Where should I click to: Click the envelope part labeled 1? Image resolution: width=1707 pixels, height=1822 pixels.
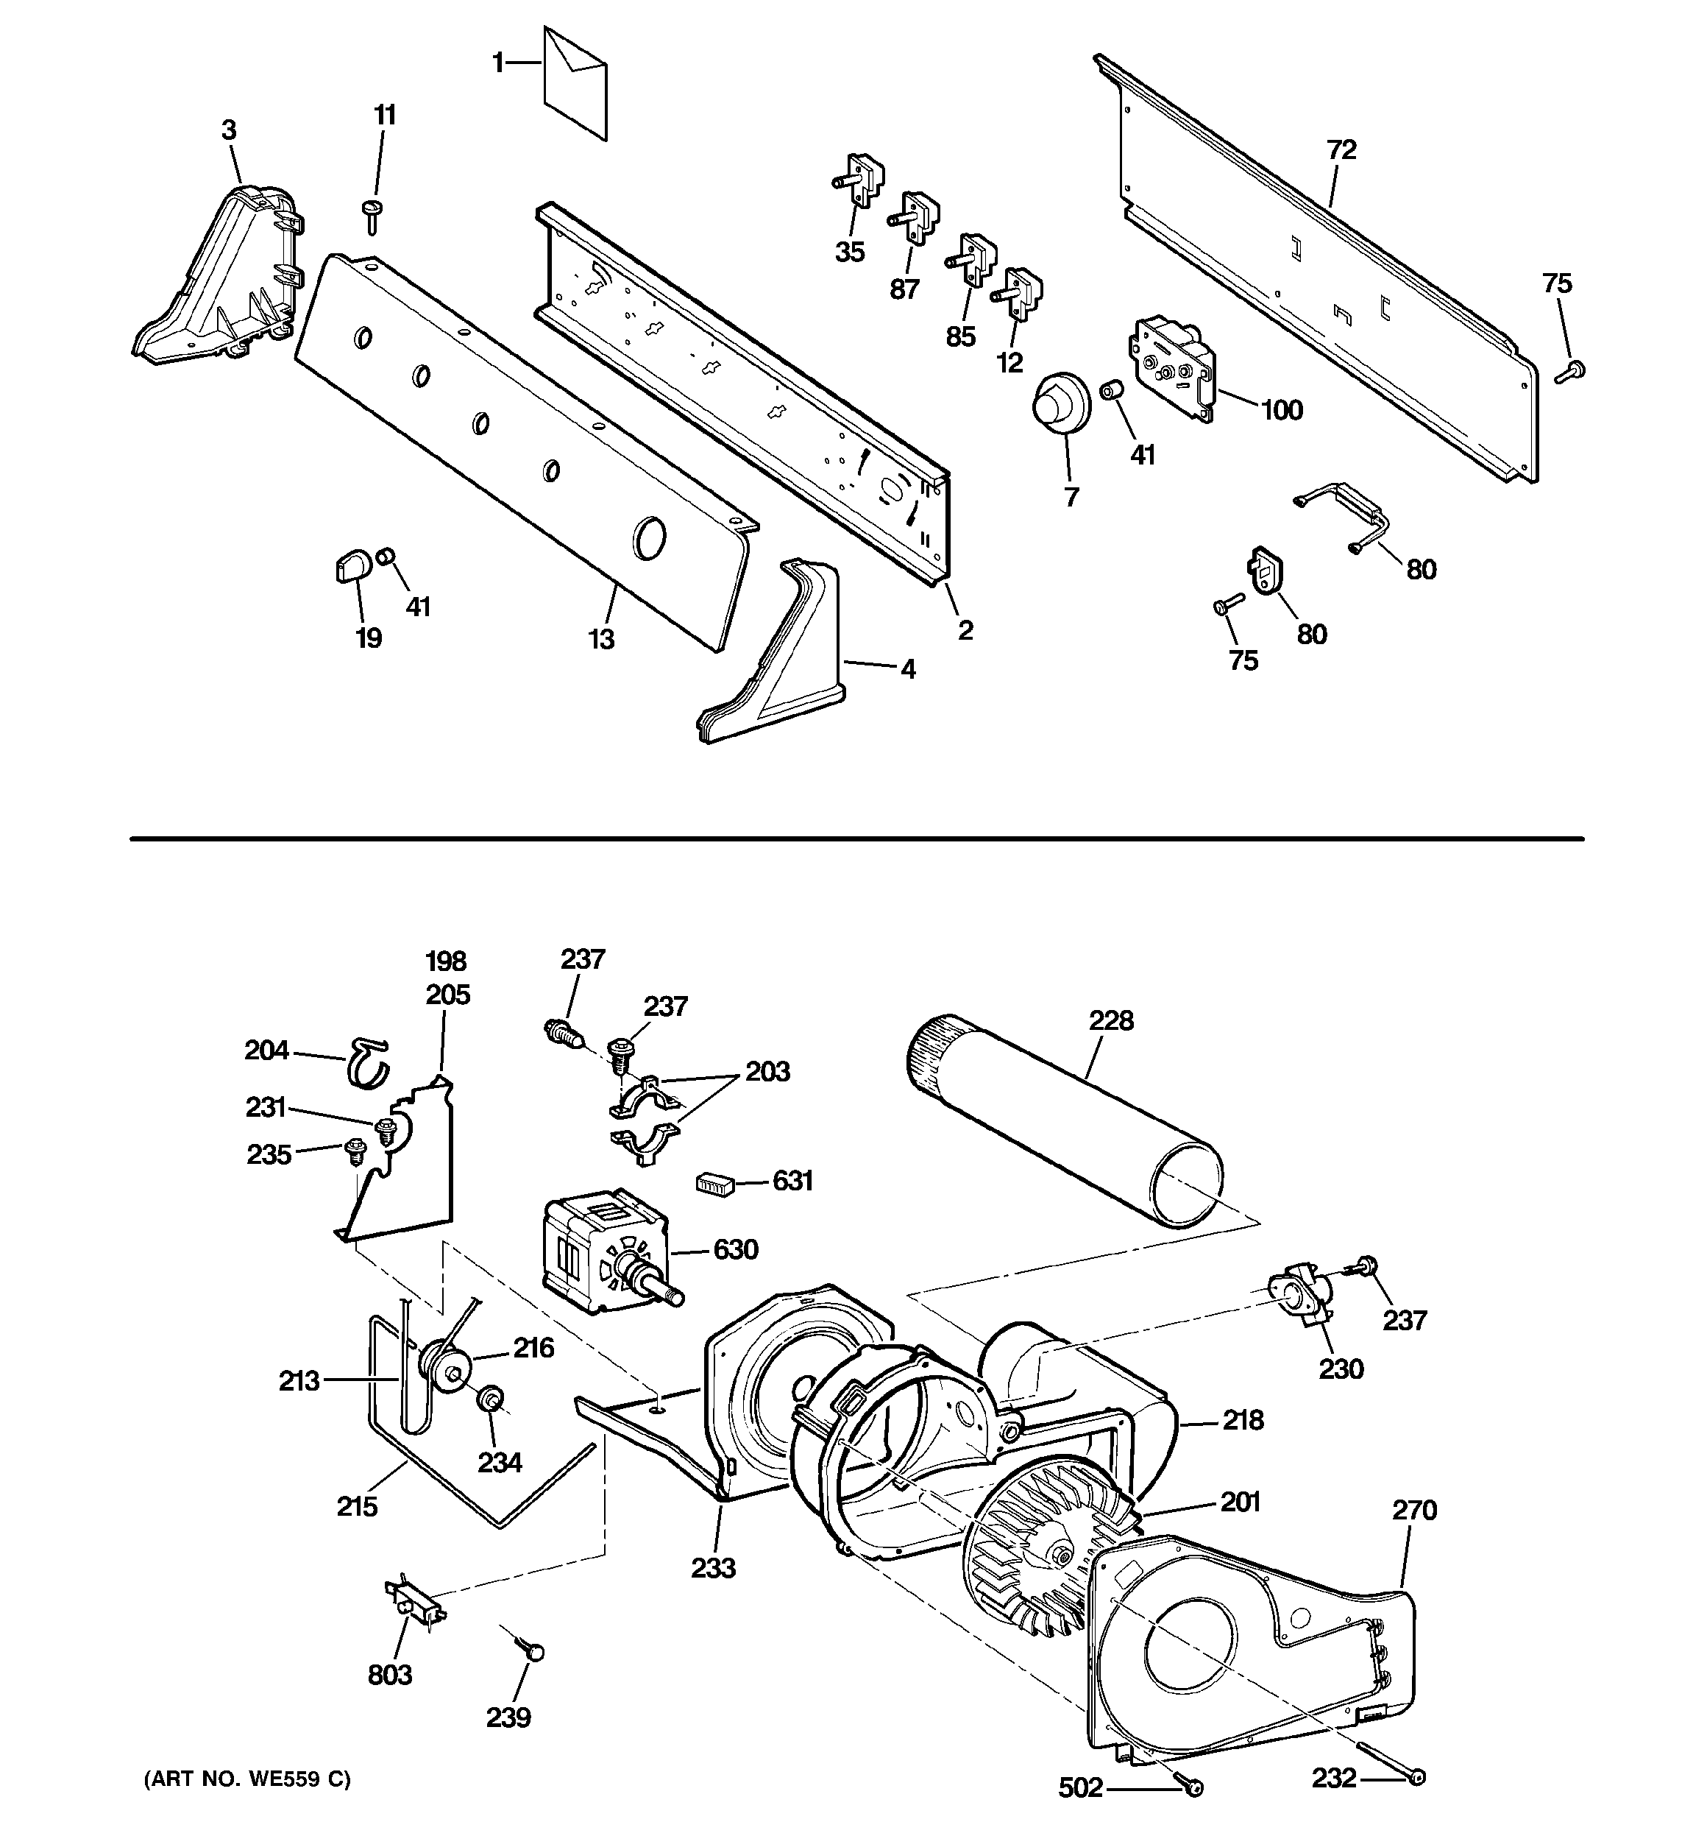(x=575, y=85)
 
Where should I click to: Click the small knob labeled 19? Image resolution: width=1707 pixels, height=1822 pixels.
(x=352, y=566)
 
